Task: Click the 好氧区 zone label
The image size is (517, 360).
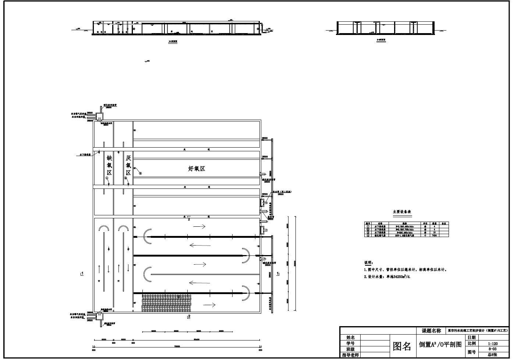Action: [x=196, y=169]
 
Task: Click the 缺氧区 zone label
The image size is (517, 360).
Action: [x=109, y=165]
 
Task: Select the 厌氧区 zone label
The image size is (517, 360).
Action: [x=128, y=165]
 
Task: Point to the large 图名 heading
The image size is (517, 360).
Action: [x=402, y=346]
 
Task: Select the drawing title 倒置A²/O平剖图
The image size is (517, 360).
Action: [x=440, y=345]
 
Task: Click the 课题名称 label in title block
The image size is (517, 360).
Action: [x=431, y=331]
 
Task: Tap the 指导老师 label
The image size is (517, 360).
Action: [x=351, y=355]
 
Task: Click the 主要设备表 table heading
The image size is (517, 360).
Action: [x=402, y=212]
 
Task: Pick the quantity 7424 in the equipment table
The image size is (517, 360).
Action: [x=434, y=236]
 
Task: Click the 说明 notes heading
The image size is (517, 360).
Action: [x=368, y=263]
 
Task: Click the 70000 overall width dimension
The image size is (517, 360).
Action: [x=177, y=346]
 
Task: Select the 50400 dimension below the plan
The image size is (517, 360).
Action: [x=196, y=340]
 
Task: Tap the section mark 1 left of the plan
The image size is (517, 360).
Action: [x=82, y=273]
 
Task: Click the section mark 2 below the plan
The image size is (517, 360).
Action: [x=189, y=316]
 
